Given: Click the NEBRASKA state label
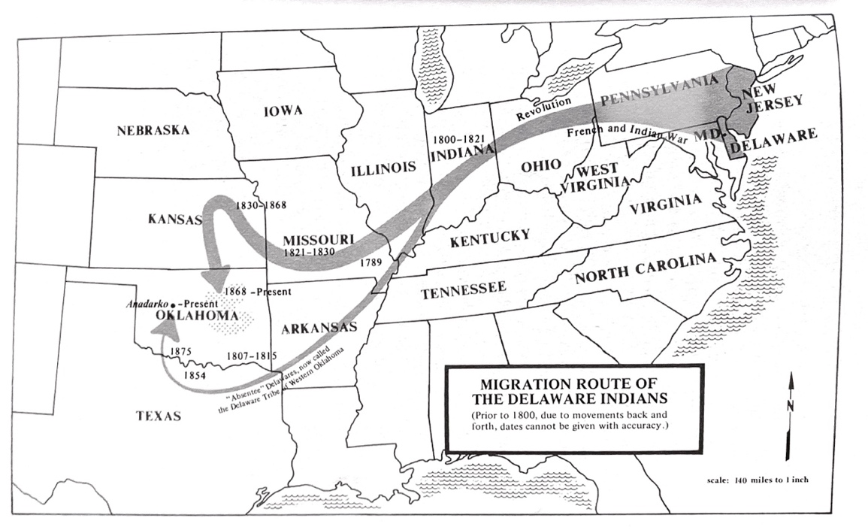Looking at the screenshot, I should point(153,130).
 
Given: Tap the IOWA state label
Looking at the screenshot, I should point(283,111).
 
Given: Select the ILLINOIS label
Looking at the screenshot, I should point(383,167).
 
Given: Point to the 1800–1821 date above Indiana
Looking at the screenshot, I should point(460,139).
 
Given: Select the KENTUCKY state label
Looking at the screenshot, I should point(490,239).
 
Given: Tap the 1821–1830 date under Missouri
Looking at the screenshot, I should point(309,253).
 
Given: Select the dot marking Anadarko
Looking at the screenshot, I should point(174,304).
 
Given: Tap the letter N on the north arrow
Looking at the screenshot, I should point(792,405).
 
